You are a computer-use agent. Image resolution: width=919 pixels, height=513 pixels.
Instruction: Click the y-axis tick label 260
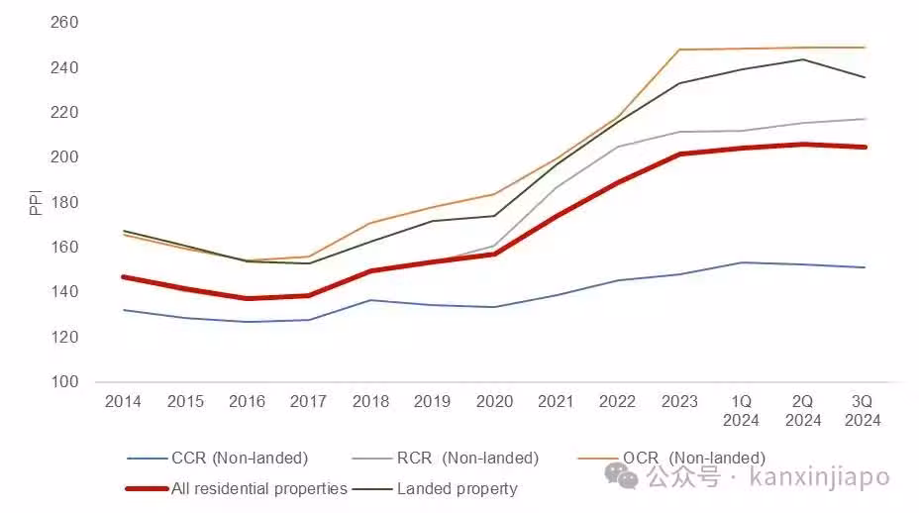(x=64, y=23)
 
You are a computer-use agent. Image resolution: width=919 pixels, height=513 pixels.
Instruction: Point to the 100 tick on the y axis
(x=64, y=382)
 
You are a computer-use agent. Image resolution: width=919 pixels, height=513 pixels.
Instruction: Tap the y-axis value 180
(x=64, y=203)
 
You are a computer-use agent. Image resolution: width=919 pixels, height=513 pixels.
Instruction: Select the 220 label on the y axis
(x=64, y=113)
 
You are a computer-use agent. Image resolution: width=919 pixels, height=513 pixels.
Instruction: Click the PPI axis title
(x=36, y=202)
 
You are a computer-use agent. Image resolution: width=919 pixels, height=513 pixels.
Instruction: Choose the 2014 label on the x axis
(x=123, y=402)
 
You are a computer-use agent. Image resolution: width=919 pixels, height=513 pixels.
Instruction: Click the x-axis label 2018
(x=370, y=402)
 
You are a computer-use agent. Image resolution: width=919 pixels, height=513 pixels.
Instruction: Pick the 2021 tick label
(x=556, y=402)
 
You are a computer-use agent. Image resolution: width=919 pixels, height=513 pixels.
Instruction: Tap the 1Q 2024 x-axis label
(x=741, y=411)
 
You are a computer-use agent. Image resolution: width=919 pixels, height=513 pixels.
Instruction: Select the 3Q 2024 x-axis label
(x=865, y=411)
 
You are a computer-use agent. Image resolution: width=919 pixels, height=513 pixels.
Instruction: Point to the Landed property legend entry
(x=457, y=488)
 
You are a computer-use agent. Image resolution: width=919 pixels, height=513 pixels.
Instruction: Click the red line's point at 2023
(x=679, y=154)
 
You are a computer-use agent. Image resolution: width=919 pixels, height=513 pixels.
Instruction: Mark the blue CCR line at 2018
(x=370, y=300)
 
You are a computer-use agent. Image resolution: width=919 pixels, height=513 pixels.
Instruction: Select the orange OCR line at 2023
(x=679, y=50)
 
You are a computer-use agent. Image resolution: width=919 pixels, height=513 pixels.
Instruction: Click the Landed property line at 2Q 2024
(x=803, y=59)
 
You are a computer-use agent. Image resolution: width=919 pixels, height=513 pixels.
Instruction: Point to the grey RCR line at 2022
(x=617, y=147)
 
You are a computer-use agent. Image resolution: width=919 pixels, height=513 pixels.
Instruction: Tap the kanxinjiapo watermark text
(x=820, y=478)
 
